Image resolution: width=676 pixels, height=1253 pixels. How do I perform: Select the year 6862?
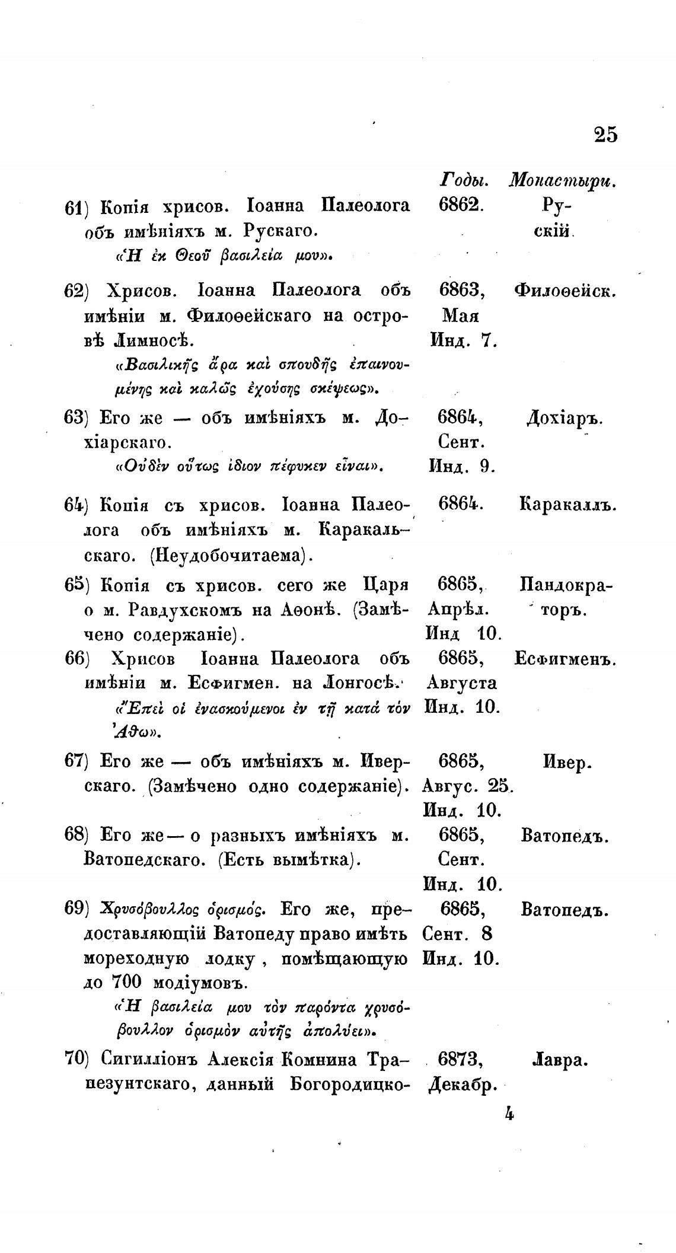point(462,205)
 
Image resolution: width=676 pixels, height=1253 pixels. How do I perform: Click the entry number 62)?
point(75,291)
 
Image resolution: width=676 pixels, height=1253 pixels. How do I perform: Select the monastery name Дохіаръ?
point(565,419)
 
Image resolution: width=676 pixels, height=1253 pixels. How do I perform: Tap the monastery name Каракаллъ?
point(568,505)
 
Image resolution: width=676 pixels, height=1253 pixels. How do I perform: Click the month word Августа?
point(462,683)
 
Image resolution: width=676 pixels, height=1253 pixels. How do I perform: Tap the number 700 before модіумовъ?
point(126,982)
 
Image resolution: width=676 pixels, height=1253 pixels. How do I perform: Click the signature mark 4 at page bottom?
point(509,1114)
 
